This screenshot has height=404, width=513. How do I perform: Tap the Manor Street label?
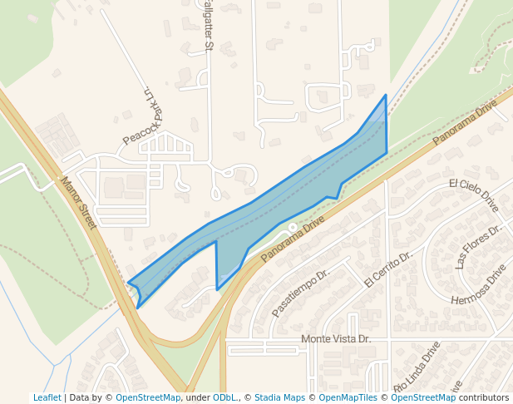(x=79, y=202)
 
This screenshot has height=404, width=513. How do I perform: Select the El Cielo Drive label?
(x=473, y=193)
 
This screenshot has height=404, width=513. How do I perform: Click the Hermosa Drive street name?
(x=478, y=286)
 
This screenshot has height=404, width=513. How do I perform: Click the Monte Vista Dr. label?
(x=335, y=339)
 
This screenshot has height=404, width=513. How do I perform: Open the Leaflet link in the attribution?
(x=47, y=397)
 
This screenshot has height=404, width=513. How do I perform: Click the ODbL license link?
(x=223, y=397)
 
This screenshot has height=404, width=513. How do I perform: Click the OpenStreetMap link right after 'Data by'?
(x=148, y=397)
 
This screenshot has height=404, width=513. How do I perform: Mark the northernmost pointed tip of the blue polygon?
(x=386, y=96)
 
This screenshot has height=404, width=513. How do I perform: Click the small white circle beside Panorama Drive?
(x=293, y=227)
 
